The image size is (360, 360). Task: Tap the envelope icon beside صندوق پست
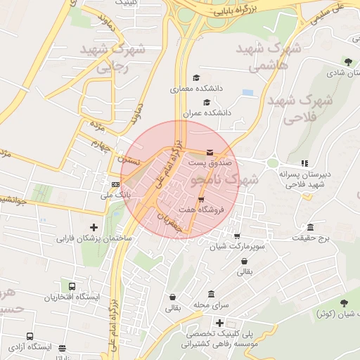pos(210,153)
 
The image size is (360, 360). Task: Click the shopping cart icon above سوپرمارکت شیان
pos(237,236)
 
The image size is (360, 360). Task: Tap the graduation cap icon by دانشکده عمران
pos(206,102)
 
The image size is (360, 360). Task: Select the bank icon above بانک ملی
pos(106,184)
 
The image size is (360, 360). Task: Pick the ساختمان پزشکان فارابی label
pos(94,238)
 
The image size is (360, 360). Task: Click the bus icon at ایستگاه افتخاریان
pos(72,287)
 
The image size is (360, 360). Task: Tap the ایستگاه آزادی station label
pos(30,347)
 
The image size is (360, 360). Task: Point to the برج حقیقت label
pos(312,239)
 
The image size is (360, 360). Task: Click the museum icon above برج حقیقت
pos(310,228)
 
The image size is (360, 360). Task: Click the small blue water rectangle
pos(247,92)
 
